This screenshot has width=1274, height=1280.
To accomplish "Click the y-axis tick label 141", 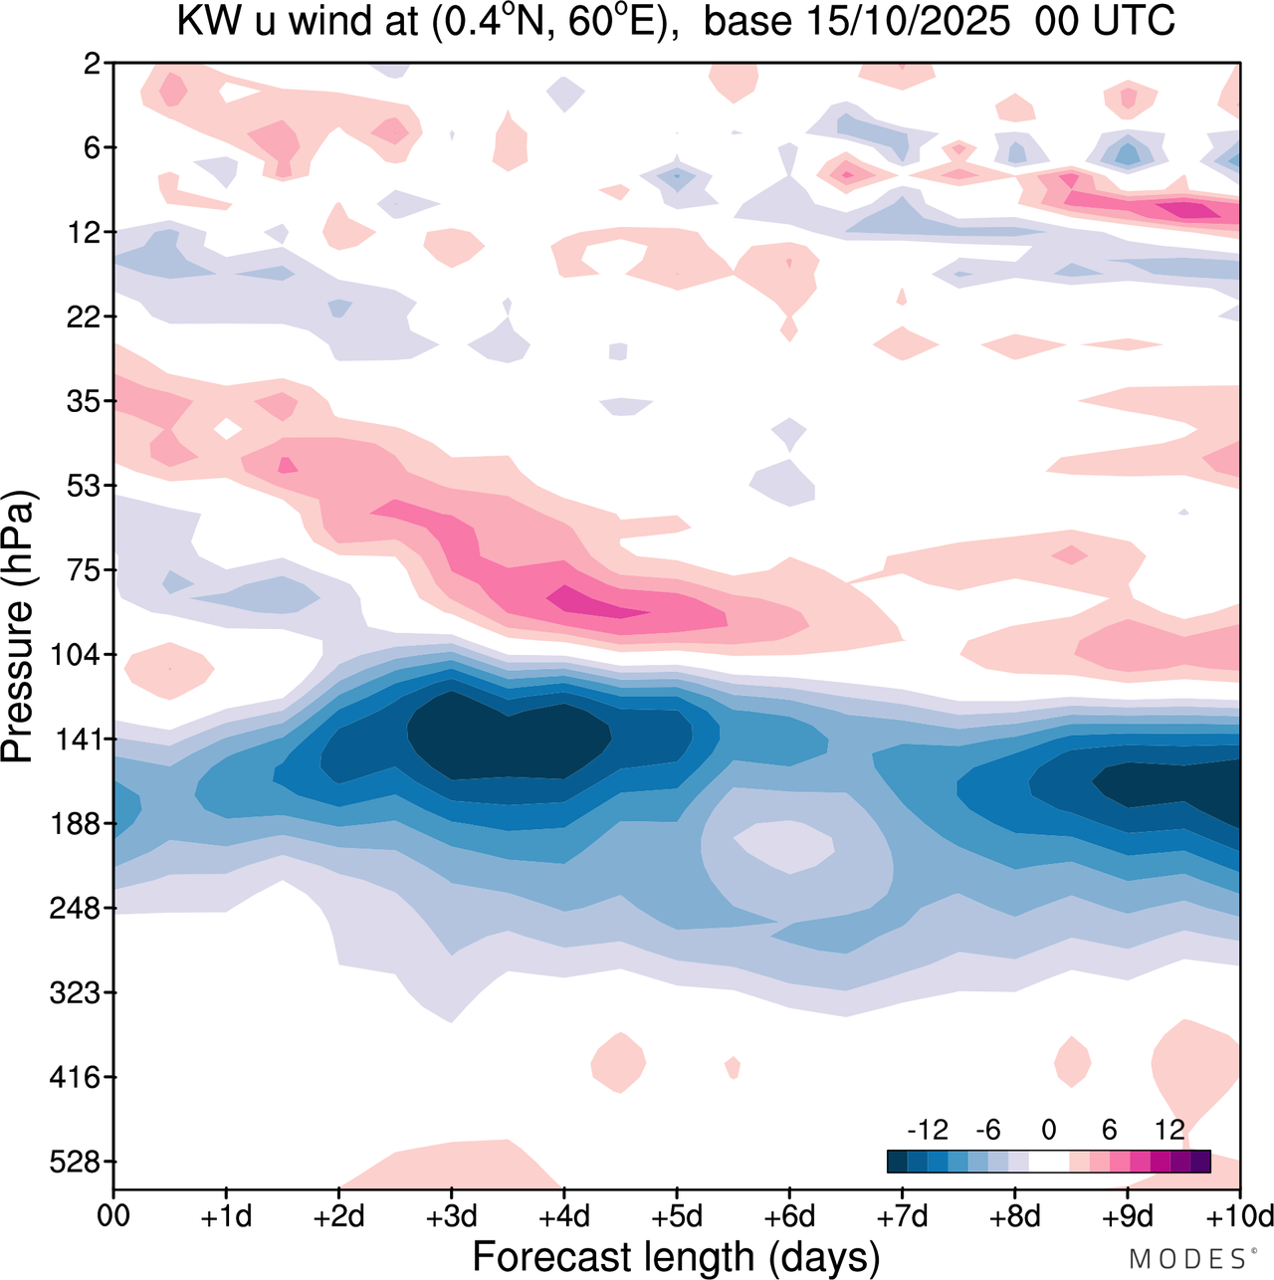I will tap(76, 740).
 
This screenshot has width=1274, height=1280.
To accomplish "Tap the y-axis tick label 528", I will tap(76, 1162).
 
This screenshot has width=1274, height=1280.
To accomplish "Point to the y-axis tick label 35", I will tap(82, 402).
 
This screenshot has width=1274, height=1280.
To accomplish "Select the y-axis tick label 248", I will tap(76, 909).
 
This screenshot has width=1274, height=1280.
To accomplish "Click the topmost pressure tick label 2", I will tap(93, 64).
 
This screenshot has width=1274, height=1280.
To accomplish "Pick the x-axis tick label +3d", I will tap(452, 1216).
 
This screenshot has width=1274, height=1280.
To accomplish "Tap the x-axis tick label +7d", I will tap(903, 1216).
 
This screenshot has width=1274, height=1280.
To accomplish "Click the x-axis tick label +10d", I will tap(1240, 1216).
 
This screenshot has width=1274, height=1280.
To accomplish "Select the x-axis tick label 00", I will tap(113, 1216).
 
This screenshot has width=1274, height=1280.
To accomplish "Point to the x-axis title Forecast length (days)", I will tap(676, 1256).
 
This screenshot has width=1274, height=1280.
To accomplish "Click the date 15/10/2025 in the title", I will tap(908, 22).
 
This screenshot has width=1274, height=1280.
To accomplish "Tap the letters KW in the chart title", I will tap(204, 22).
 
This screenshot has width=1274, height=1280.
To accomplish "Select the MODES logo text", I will tap(1186, 1259).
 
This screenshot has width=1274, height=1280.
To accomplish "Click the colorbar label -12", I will tap(928, 1130).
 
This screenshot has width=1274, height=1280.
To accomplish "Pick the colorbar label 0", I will tap(1049, 1130).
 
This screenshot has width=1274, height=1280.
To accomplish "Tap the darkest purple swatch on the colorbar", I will tap(1200, 1161).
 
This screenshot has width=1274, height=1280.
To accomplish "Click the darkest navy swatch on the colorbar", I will tap(897, 1161).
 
